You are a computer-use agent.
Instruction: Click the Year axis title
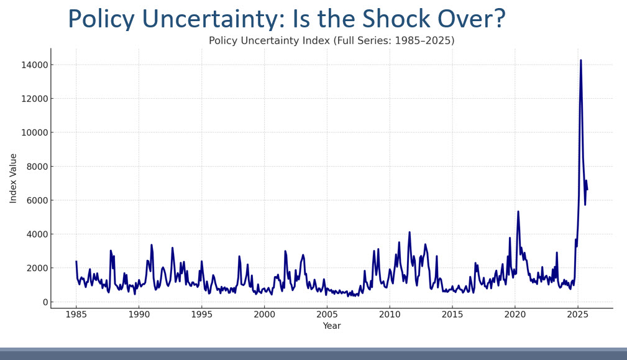(331, 326)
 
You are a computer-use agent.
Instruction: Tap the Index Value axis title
(14, 178)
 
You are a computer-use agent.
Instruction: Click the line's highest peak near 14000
(581, 60)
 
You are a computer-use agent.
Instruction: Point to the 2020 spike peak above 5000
(518, 211)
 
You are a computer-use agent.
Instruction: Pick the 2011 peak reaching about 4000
(410, 233)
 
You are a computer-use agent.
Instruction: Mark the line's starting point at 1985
(76, 261)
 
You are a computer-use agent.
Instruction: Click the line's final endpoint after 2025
(587, 190)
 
